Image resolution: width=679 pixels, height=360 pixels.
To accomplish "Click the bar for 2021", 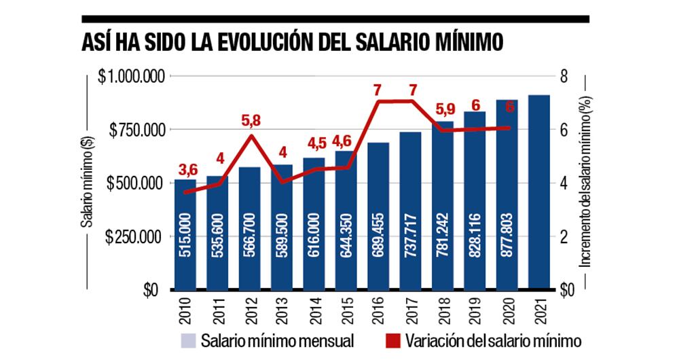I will click(x=539, y=192).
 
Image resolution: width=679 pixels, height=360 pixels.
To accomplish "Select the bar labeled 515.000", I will click(x=185, y=234).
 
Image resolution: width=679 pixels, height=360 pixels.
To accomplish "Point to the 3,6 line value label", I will click(x=187, y=169).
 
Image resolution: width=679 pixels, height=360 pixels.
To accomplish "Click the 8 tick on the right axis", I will click(x=564, y=76).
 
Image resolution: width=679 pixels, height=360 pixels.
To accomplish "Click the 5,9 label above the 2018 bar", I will click(x=444, y=109).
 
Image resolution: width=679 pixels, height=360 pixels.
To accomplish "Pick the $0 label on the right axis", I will click(x=565, y=290).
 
